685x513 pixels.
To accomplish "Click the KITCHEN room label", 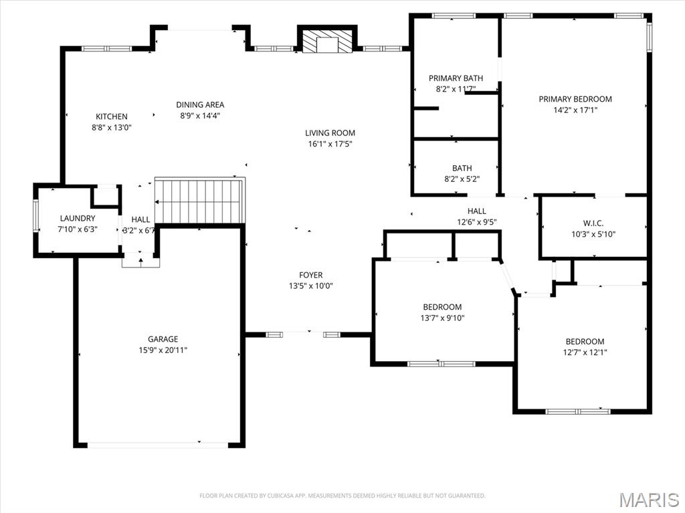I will click(x=111, y=116).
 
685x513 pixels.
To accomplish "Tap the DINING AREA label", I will click(x=200, y=104).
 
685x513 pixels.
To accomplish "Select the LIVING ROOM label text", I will click(x=330, y=133).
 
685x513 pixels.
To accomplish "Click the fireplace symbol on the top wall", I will click(x=326, y=41).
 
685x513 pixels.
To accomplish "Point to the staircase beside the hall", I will click(x=200, y=200).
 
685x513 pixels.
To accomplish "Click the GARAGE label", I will click(x=163, y=339).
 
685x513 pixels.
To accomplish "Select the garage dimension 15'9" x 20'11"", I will click(x=163, y=350).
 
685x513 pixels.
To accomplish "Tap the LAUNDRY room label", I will click(x=78, y=218).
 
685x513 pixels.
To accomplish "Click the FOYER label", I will click(x=310, y=275).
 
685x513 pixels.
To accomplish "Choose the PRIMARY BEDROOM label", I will click(x=575, y=99).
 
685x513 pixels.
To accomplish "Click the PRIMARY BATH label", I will click(x=456, y=78).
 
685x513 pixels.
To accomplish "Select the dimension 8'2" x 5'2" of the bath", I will click(x=462, y=179).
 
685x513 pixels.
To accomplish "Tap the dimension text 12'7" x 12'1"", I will click(x=585, y=352).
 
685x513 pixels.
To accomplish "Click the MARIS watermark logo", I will click(x=650, y=500).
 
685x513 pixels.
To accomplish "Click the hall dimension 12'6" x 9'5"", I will click(x=477, y=222).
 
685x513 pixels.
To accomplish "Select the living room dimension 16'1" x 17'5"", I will click(x=330, y=144).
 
